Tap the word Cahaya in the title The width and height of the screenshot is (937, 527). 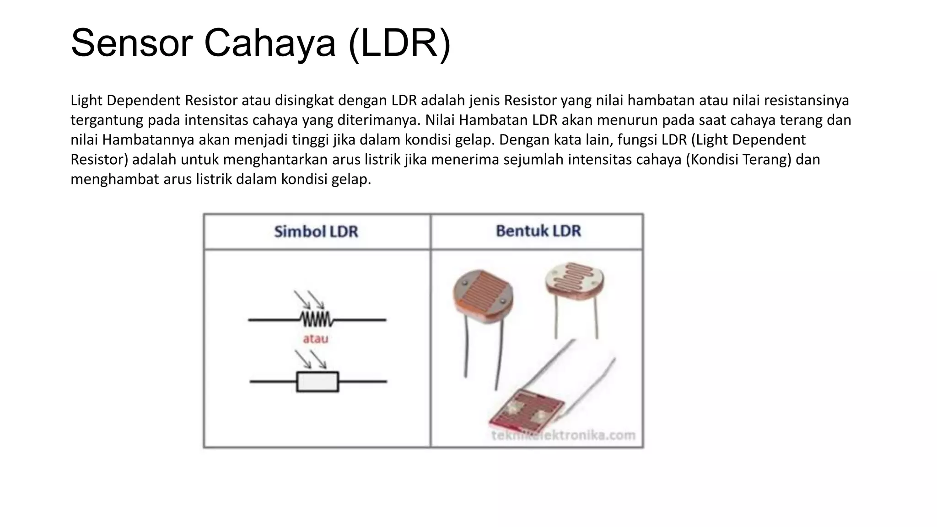269,43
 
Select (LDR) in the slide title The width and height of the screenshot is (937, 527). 399,43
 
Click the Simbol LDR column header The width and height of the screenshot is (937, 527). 316,231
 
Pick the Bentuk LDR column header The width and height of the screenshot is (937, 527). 538,231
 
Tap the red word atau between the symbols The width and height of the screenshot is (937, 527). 316,339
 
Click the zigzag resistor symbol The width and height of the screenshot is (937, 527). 316,319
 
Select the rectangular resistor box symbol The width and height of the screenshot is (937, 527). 318,382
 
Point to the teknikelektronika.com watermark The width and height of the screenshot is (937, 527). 563,435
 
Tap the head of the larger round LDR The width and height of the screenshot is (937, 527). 483,296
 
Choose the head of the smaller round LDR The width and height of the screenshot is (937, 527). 575,281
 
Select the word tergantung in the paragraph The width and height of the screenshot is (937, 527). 107,120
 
